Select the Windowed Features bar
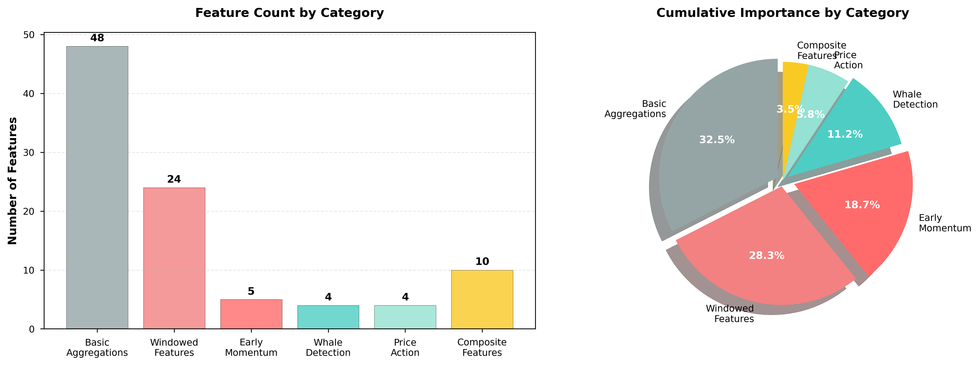[174, 258]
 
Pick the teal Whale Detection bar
[328, 317]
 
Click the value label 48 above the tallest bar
[97, 38]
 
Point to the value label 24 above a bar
[174, 179]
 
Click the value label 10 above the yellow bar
[482, 262]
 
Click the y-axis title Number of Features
[12, 181]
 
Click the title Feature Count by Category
[289, 13]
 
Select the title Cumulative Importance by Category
[782, 13]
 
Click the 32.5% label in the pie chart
[717, 140]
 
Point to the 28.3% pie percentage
[766, 256]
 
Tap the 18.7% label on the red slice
[862, 205]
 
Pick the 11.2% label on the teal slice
[845, 134]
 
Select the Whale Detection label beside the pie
[915, 99]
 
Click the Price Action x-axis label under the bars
[405, 348]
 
